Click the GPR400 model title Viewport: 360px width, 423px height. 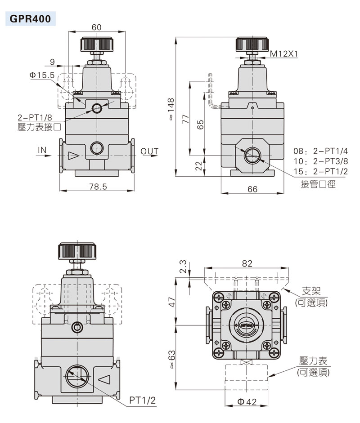tap(30, 19)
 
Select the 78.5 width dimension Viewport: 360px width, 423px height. tap(98, 187)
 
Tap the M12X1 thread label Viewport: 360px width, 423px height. tap(283, 53)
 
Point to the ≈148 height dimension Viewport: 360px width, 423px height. tap(171, 109)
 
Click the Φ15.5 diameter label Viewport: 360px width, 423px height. tap(42, 75)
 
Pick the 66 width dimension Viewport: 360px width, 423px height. tap(252, 189)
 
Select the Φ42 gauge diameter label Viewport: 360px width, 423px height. tap(247, 402)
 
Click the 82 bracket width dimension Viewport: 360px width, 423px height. tap(247, 263)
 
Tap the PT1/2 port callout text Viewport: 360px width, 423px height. tap(143, 400)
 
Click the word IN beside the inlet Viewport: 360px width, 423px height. tap(42, 150)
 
